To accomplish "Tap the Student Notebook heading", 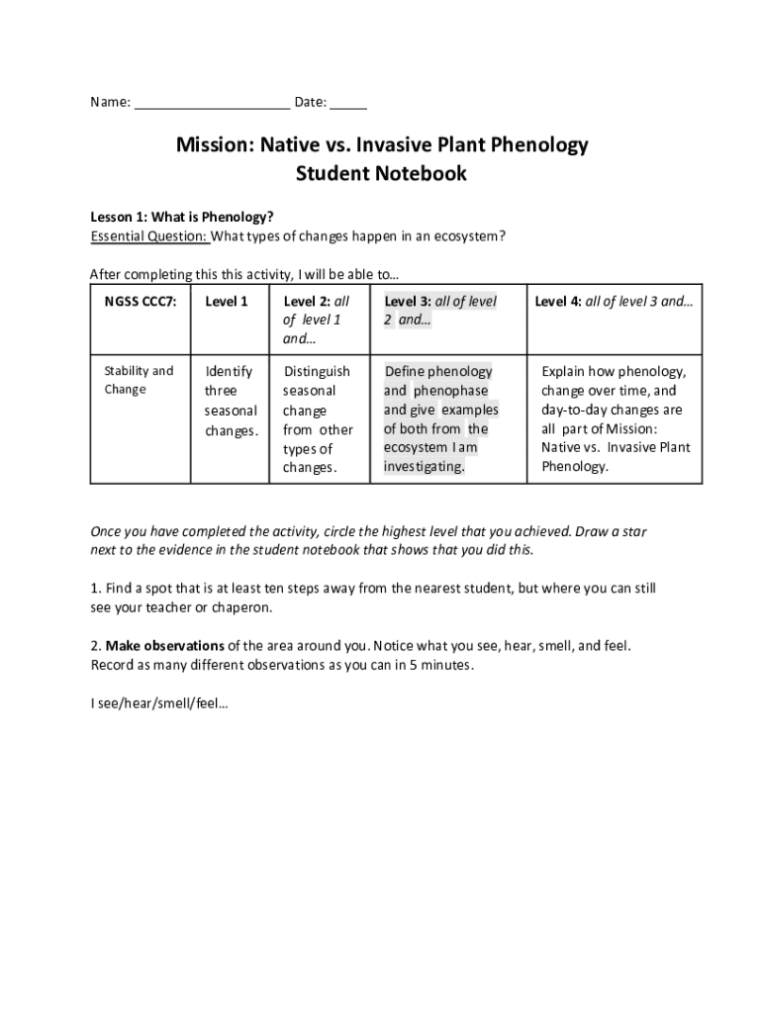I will pos(381,174).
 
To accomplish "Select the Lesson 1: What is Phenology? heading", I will pos(182,217).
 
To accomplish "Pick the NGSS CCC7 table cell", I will pos(141,302).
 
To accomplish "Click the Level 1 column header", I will pos(226,302).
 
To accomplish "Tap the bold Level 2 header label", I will pos(307,302).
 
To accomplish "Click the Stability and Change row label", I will pos(139,380).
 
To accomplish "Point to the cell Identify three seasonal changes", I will pos(231,401).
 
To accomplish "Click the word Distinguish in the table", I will pos(317,372).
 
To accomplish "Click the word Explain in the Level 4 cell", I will pos(564,372).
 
